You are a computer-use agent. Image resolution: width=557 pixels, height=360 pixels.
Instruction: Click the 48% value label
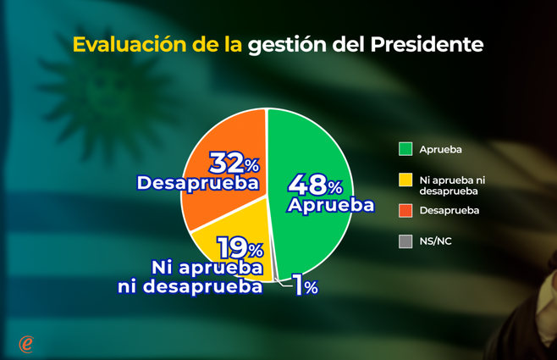(315, 184)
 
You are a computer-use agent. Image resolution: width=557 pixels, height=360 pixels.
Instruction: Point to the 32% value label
(234, 162)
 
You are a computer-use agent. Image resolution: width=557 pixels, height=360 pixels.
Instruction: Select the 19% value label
(240, 248)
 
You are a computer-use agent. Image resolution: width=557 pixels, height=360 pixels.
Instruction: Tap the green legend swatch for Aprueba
(405, 149)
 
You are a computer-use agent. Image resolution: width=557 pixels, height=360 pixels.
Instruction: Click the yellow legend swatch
(405, 180)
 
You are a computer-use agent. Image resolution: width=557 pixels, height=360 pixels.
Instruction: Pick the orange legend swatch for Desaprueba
(405, 210)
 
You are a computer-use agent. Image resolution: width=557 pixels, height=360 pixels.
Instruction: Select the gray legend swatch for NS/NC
(405, 241)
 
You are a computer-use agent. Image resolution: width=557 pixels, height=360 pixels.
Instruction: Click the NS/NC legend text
(435, 241)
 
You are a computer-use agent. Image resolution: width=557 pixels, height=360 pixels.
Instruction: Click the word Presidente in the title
(427, 44)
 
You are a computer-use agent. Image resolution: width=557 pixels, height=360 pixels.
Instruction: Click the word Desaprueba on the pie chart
(197, 182)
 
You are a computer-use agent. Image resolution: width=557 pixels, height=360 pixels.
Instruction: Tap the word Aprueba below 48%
(330, 205)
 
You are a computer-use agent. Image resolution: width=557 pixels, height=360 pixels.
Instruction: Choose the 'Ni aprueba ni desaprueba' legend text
(452, 185)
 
